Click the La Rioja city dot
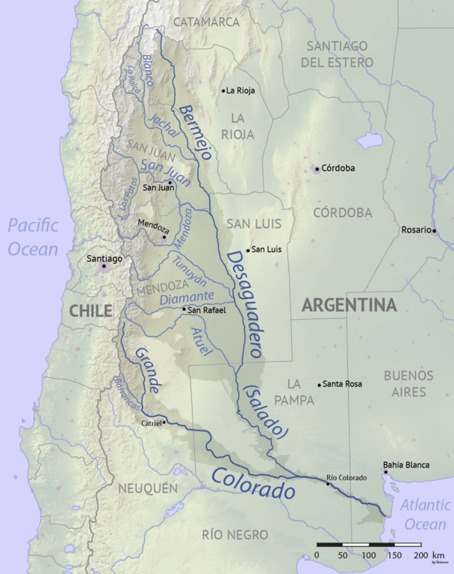click(x=223, y=90)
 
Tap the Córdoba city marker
click(x=317, y=169)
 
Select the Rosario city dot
click(x=433, y=229)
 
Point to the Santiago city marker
click(x=105, y=265)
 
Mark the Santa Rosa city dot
click(x=320, y=384)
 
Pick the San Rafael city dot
click(x=184, y=309)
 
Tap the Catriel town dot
click(x=164, y=422)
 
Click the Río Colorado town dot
click(x=327, y=484)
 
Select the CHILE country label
click(x=90, y=310)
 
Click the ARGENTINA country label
click(x=348, y=306)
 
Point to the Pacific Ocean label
click(x=34, y=238)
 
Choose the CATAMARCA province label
click(x=207, y=22)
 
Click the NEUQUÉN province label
click(x=148, y=488)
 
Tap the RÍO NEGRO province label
click(x=234, y=534)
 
